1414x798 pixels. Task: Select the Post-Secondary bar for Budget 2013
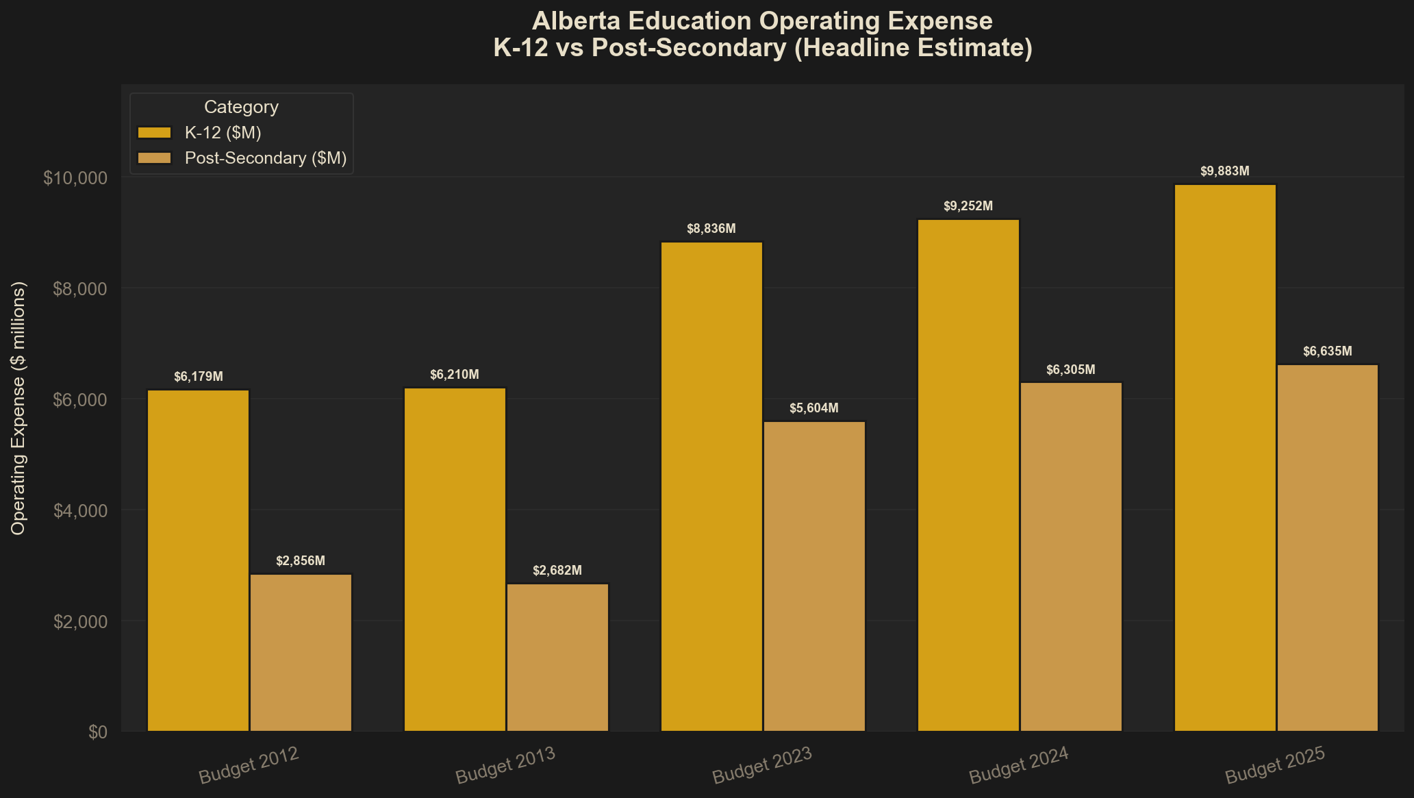tap(557, 658)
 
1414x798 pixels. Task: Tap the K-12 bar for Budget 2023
tap(711, 486)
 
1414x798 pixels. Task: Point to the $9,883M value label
tap(1225, 171)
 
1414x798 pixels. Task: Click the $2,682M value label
tap(557, 571)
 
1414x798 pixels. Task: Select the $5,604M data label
tap(814, 408)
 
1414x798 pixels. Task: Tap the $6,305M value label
tap(1071, 370)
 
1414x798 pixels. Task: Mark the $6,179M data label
tap(198, 377)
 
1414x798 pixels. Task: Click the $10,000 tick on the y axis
tap(75, 178)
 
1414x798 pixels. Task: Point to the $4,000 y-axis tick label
tap(80, 511)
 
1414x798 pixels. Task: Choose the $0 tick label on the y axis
tap(98, 732)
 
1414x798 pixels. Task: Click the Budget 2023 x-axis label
tap(762, 766)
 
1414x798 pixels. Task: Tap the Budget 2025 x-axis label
tap(1275, 766)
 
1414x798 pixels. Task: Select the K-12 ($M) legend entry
tap(223, 132)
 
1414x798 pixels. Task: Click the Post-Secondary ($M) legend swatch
tap(154, 158)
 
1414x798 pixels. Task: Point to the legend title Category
tap(241, 107)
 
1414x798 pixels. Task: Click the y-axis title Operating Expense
tap(18, 408)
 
